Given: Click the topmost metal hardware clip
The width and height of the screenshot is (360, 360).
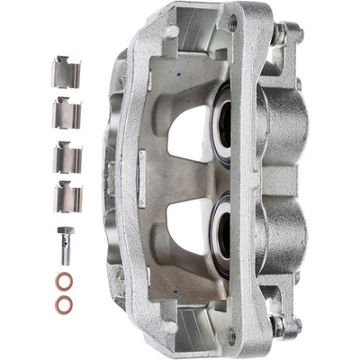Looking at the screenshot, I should point(66,72).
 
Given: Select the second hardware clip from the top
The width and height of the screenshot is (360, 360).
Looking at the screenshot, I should point(65,113).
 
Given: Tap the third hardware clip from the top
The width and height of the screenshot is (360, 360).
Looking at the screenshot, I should point(66,155).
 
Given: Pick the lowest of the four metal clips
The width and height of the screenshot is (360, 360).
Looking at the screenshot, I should point(66,196).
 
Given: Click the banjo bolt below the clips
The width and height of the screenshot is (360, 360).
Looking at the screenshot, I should point(64,243).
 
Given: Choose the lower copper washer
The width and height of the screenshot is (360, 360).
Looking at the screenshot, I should point(64,304).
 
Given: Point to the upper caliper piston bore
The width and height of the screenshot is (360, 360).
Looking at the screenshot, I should point(221,122).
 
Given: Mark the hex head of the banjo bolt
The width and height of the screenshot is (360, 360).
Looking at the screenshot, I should point(64,233).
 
